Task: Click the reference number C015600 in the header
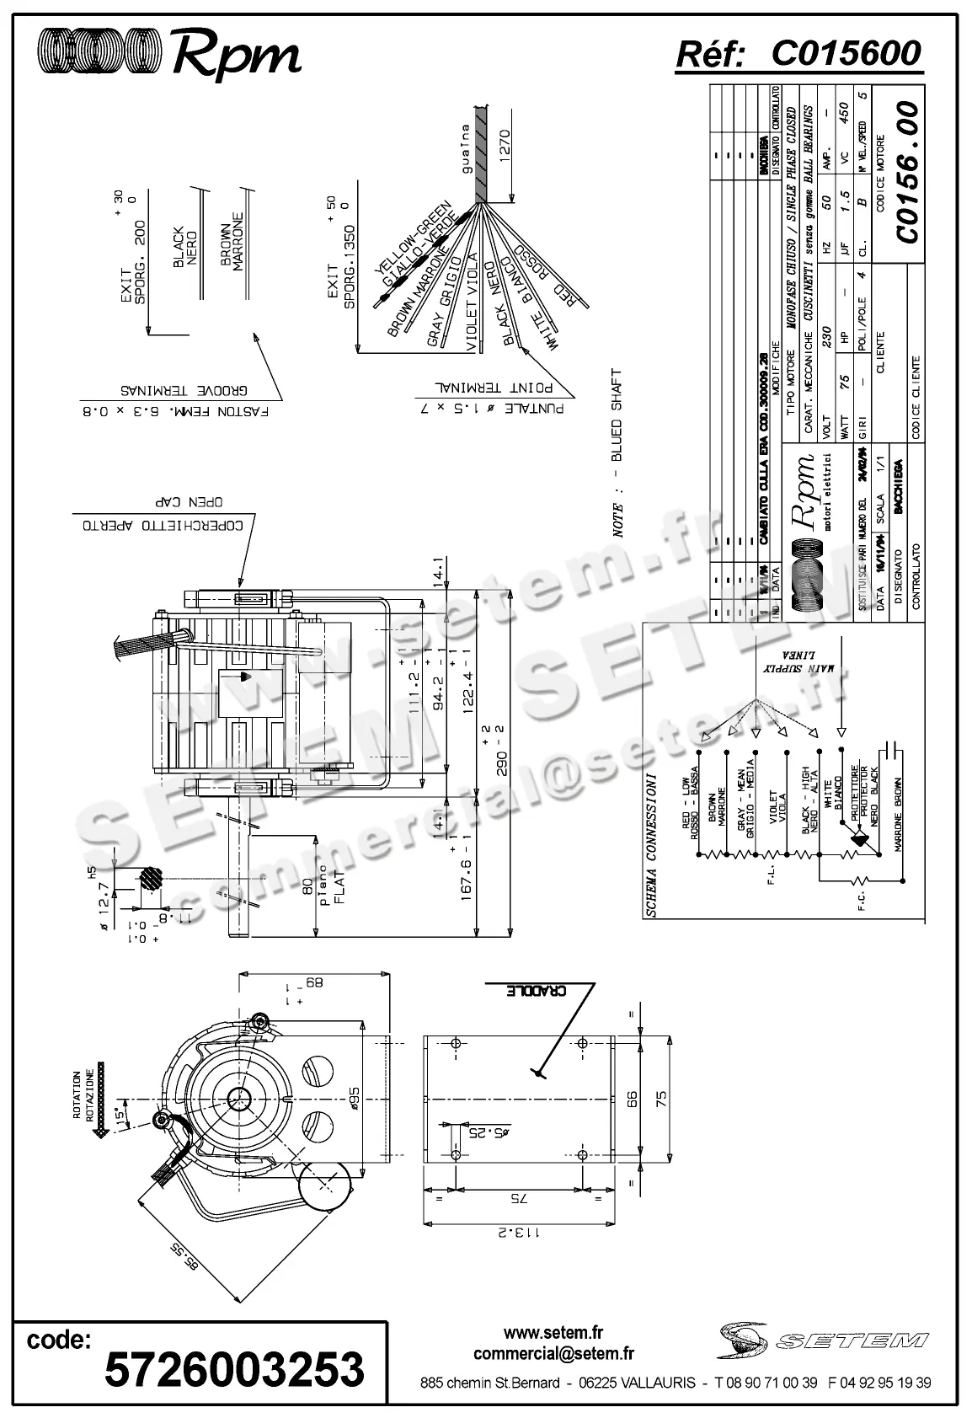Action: [x=846, y=54]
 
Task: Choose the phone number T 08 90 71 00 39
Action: [x=765, y=1383]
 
